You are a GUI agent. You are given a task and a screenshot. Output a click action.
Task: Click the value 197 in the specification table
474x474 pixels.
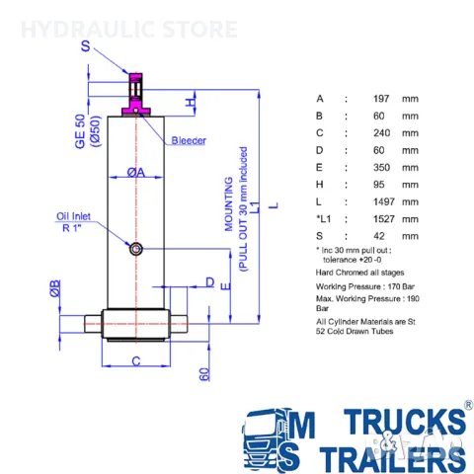381,99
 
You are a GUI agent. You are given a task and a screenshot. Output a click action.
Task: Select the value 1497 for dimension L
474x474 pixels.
384,201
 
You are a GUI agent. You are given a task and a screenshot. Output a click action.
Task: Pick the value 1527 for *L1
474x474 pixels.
384,219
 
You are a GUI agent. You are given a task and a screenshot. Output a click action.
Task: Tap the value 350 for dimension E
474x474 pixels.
381,167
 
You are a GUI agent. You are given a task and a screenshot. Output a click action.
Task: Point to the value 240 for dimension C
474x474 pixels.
381,133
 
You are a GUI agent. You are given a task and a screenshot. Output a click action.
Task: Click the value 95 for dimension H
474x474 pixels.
379,185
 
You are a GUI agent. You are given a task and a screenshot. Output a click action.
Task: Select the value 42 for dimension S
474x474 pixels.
379,236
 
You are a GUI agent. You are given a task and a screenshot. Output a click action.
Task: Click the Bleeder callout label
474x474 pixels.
189,140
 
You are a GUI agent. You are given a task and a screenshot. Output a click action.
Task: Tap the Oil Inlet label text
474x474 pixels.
73,216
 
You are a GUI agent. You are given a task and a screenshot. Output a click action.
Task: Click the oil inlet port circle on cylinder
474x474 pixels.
136,249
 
